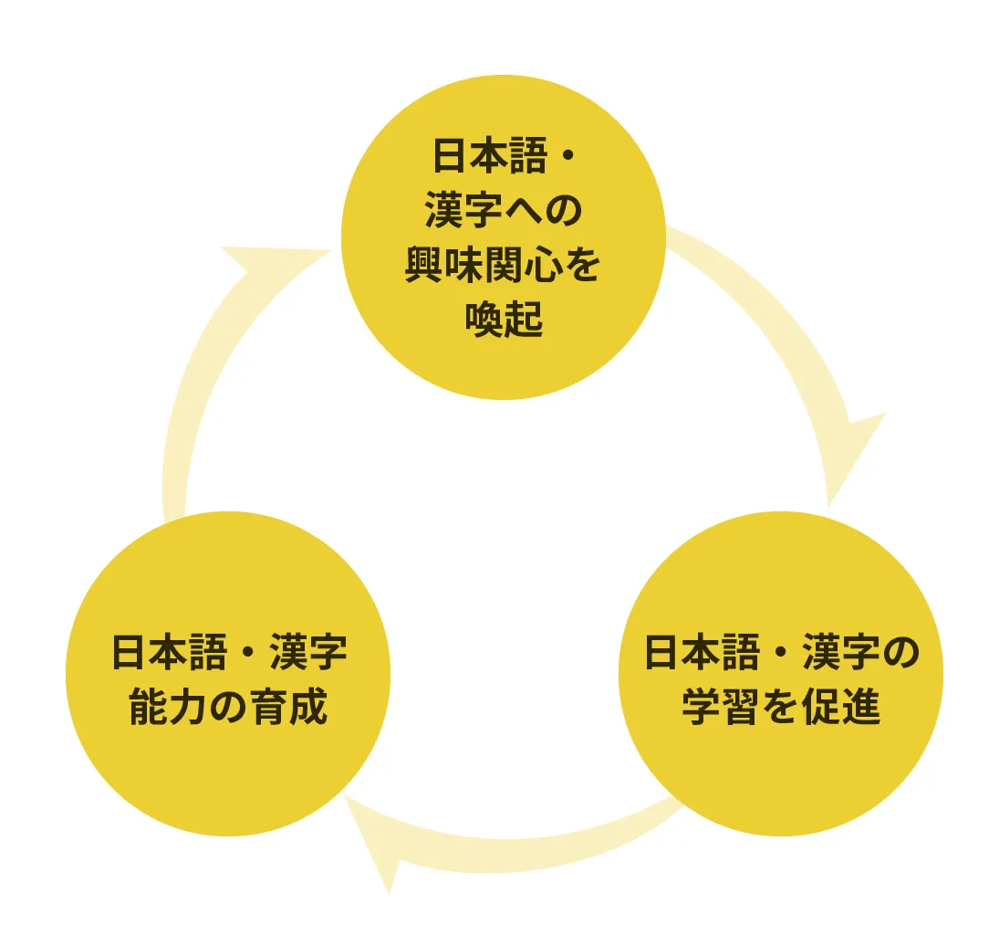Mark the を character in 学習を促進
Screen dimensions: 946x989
coord(782,708)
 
